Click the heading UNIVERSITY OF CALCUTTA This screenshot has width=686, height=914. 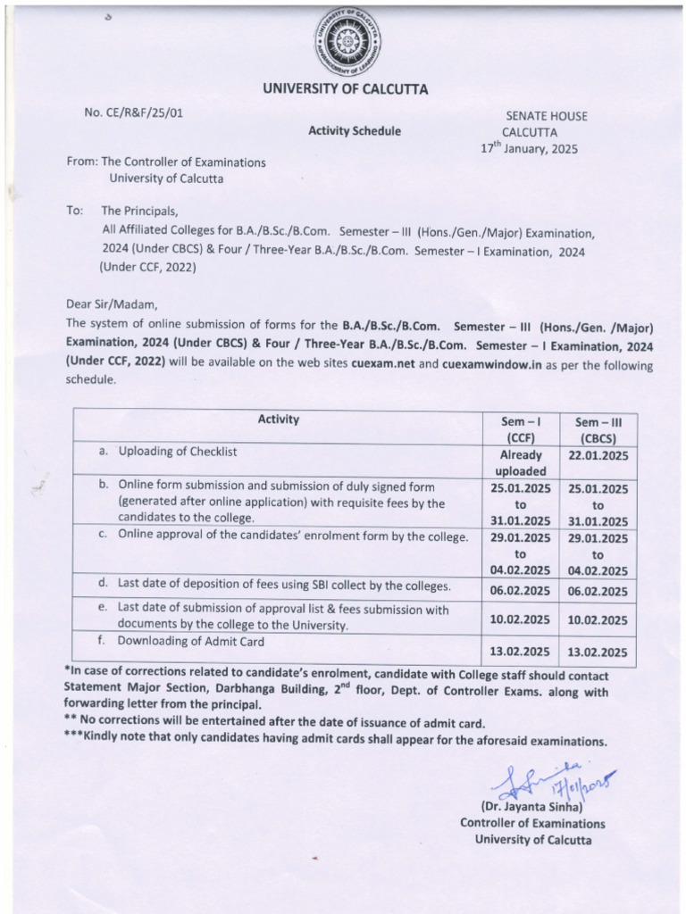click(345, 88)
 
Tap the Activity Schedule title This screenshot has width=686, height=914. click(355, 131)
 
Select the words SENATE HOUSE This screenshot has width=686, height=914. click(547, 116)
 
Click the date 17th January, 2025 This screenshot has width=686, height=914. click(530, 149)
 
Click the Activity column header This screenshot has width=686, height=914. click(279, 420)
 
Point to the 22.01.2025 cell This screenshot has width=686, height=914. click(602, 455)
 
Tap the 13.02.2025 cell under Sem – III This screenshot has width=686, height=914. click(602, 652)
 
